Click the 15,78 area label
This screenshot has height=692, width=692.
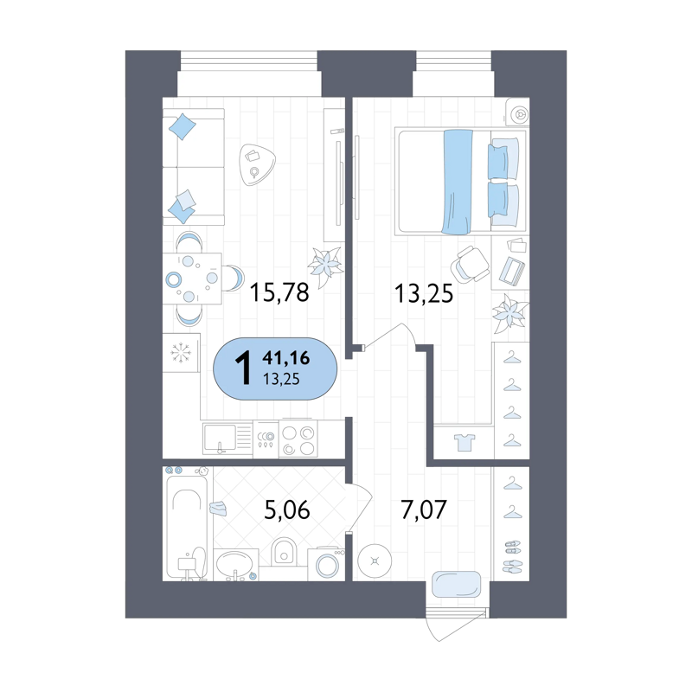pyautogui.click(x=279, y=292)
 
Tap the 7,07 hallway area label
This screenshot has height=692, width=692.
pyautogui.click(x=424, y=509)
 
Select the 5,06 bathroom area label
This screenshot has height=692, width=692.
pyautogui.click(x=287, y=509)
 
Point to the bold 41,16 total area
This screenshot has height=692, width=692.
pyautogui.click(x=286, y=358)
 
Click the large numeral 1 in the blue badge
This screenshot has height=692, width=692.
pyautogui.click(x=243, y=369)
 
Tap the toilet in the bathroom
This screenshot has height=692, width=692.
pyautogui.click(x=284, y=551)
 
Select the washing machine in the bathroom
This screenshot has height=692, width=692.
pyautogui.click(x=326, y=565)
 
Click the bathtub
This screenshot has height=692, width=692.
pyautogui.click(x=187, y=524)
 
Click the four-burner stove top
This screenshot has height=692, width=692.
pyautogui.click(x=298, y=440)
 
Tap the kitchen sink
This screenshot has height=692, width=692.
pyautogui.click(x=220, y=438)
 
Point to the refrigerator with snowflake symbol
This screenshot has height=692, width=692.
pyautogui.click(x=182, y=353)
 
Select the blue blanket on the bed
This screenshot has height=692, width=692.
pyautogui.click(x=458, y=181)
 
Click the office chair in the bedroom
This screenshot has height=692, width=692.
pyautogui.click(x=470, y=265)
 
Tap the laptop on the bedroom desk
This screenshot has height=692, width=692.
pyautogui.click(x=512, y=270)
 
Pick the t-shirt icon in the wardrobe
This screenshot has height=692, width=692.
pyautogui.click(x=465, y=442)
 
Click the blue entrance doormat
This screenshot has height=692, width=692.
pyautogui.click(x=457, y=585)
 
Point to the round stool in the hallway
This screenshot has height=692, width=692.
pyautogui.click(x=375, y=561)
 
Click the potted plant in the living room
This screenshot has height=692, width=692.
pyautogui.click(x=326, y=266)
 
